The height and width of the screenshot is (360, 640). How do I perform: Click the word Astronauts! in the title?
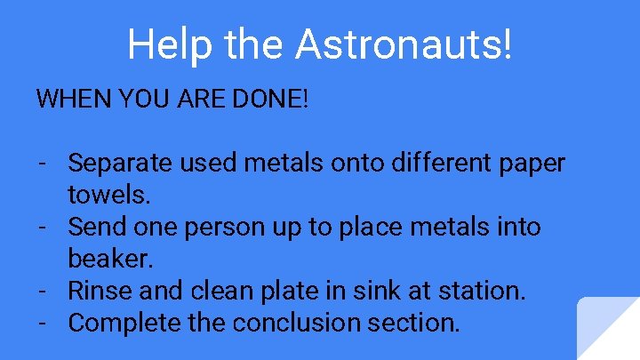coord(404,44)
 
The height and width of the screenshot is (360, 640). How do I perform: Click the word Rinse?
coord(99,291)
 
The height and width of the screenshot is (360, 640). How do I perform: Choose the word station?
coord(479,291)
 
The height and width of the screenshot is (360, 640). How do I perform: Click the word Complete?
coord(124,323)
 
